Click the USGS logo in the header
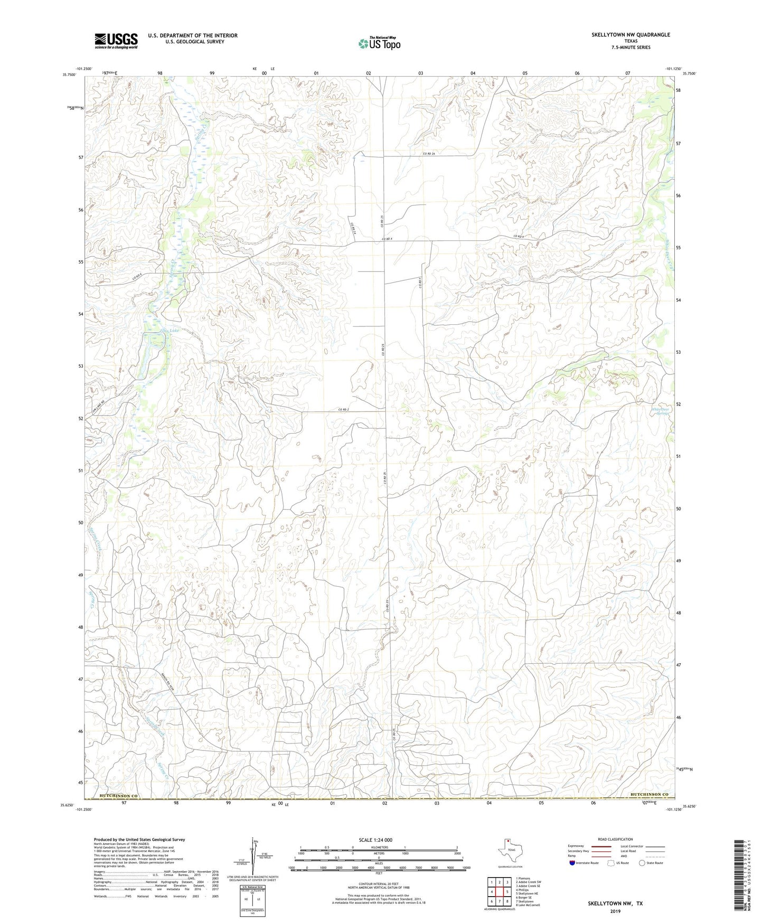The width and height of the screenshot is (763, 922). pyautogui.click(x=116, y=41)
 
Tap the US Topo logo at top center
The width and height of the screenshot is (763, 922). pyautogui.click(x=379, y=43)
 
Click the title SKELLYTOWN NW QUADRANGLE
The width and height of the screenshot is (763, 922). pyautogui.click(x=630, y=35)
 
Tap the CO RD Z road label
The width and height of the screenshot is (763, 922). pyautogui.click(x=344, y=409)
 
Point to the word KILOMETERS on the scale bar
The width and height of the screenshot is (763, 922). pyautogui.click(x=379, y=847)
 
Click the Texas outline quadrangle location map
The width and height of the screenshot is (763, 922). pyautogui.click(x=510, y=851)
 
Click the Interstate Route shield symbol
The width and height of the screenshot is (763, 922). pyautogui.click(x=572, y=863)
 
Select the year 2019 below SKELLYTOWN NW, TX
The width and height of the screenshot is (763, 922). pyautogui.click(x=615, y=911)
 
